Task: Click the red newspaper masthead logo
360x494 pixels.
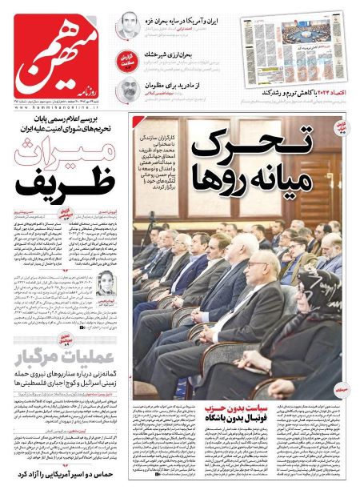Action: [x=56, y=53]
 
